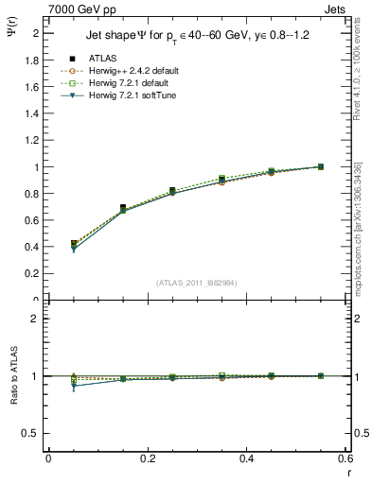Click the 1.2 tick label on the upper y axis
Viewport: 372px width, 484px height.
click(x=32, y=140)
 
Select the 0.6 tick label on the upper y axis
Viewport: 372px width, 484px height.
click(x=32, y=220)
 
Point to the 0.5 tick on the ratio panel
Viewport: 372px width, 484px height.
click(x=32, y=433)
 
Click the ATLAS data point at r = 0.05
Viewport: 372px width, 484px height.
click(x=75, y=244)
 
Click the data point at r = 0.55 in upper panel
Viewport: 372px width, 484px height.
click(x=320, y=166)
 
